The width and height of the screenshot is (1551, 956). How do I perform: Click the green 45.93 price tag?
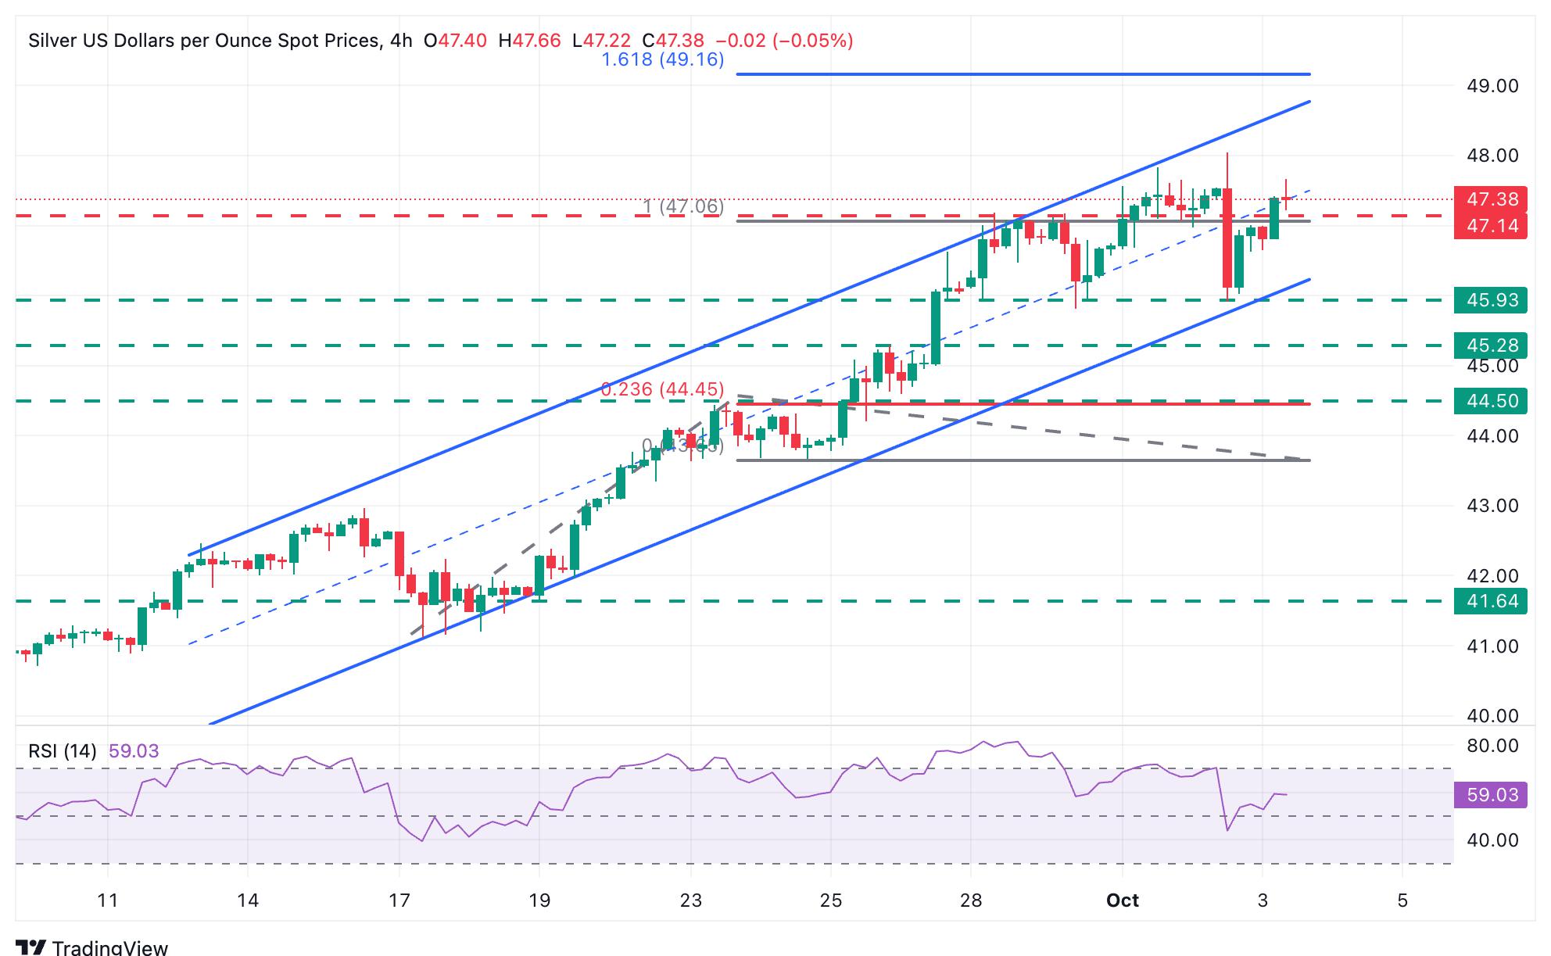[x=1490, y=300]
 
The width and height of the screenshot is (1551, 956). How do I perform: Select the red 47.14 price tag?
[x=1490, y=226]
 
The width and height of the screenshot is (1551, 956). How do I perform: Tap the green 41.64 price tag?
[x=1490, y=601]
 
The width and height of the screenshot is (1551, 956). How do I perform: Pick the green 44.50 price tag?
[x=1490, y=401]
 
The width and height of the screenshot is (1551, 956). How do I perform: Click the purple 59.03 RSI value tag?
[x=1490, y=795]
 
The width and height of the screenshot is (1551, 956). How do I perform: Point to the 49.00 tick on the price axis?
[x=1492, y=86]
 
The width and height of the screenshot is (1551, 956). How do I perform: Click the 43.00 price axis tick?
[x=1492, y=506]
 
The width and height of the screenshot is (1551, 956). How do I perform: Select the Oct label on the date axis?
[x=1122, y=901]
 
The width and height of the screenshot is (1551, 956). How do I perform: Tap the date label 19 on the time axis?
[x=539, y=901]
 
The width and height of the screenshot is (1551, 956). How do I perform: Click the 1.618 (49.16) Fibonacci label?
[x=663, y=59]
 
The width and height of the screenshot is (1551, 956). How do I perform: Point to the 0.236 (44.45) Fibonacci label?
[x=662, y=389]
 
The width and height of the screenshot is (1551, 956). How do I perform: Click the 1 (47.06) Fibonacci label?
[x=683, y=206]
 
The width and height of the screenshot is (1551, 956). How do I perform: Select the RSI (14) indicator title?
[x=63, y=751]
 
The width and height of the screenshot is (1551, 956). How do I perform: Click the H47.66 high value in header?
[x=529, y=41]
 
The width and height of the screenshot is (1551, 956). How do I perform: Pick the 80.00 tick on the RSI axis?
[x=1492, y=746]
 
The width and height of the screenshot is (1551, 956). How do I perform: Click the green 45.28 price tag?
[x=1490, y=346]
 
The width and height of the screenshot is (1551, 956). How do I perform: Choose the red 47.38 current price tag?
[x=1490, y=199]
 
